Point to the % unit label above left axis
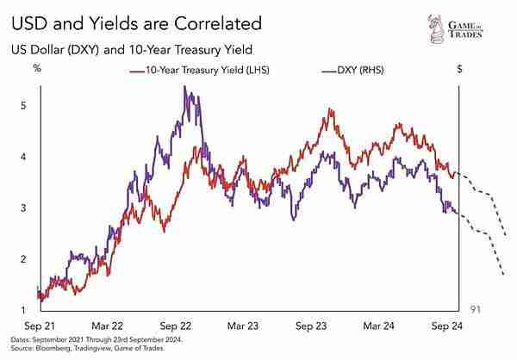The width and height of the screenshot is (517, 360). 37,68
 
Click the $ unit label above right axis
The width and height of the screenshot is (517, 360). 459,68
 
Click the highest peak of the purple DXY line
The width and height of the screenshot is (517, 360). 186,87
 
